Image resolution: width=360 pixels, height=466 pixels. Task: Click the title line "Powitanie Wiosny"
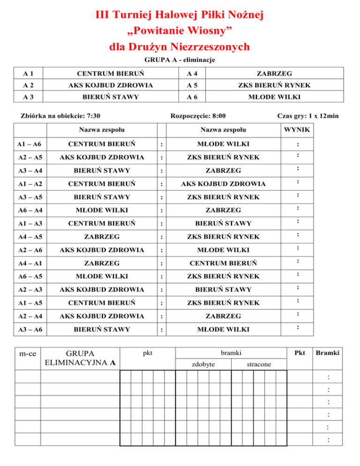coord(180,32)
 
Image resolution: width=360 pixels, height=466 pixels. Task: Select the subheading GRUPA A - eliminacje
coord(180,60)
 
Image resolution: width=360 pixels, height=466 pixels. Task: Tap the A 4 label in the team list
coord(191,74)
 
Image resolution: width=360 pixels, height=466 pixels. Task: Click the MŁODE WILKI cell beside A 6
coord(275,98)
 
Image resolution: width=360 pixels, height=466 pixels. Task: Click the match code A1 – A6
coord(27,143)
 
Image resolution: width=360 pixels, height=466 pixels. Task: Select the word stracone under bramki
coord(259,364)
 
